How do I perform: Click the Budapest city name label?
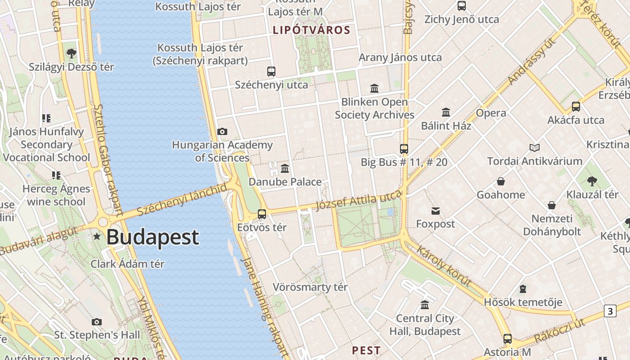[153, 237]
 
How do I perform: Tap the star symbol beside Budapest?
[97, 236]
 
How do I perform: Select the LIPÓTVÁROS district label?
[311, 30]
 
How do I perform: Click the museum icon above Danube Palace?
[285, 169]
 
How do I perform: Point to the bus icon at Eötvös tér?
[262, 214]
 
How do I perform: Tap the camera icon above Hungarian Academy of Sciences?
[222, 132]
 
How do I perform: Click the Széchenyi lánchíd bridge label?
[182, 200]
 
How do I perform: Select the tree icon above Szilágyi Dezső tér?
[71, 54]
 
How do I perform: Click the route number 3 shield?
[610, 311]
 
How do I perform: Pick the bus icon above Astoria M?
[508, 339]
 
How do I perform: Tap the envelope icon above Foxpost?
[436, 211]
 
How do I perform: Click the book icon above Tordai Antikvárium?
[535, 148]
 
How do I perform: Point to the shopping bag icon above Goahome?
[501, 182]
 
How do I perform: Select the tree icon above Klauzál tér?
[592, 182]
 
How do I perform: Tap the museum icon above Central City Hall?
[425, 305]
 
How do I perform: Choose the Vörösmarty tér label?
[310, 287]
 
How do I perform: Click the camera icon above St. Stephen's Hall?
[97, 322]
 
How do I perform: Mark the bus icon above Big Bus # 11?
[404, 149]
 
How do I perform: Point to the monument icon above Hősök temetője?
[523, 289]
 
